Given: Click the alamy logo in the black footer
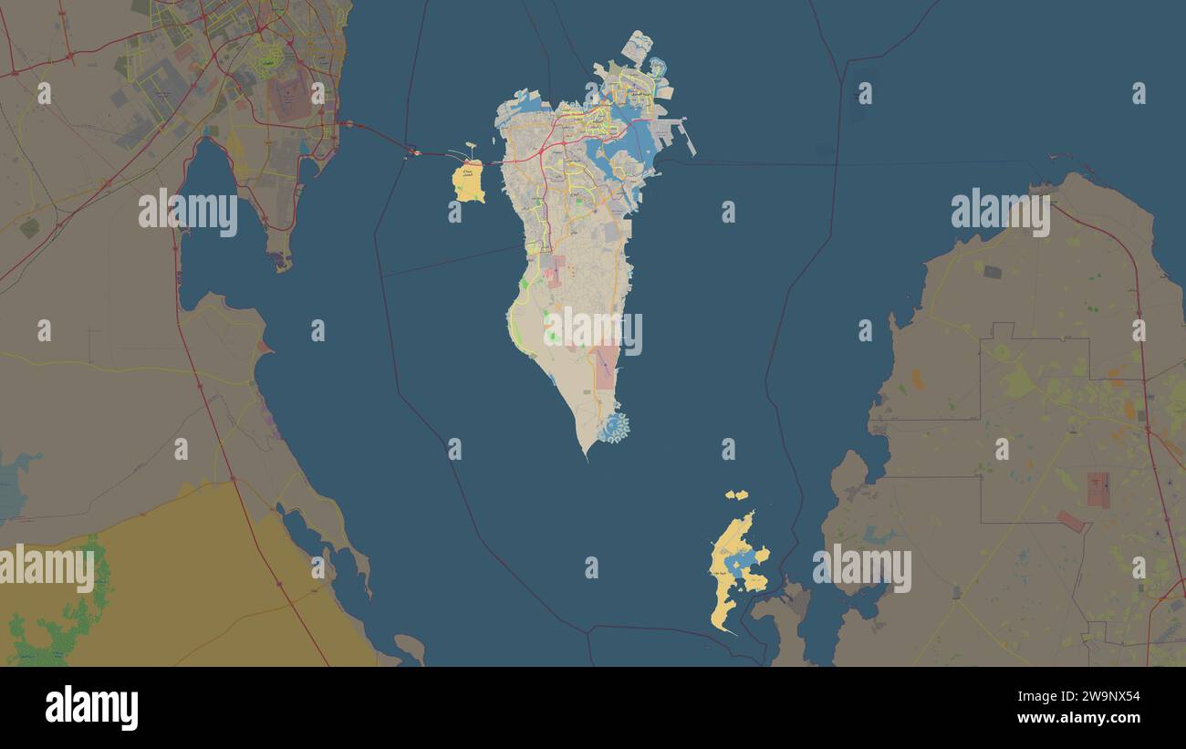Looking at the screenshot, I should (92, 708).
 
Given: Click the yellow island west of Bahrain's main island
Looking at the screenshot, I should (468, 182).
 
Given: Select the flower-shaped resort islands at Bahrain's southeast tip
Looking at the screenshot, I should (614, 427).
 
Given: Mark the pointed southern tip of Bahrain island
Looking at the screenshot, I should (586, 453).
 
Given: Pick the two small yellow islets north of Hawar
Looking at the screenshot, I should (736, 495).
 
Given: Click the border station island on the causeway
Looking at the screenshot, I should (415, 152).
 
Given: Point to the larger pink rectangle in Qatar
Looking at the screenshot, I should (1098, 489).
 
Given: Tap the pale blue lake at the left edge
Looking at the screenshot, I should (11, 484).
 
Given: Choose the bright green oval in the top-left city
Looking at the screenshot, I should (266, 62).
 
